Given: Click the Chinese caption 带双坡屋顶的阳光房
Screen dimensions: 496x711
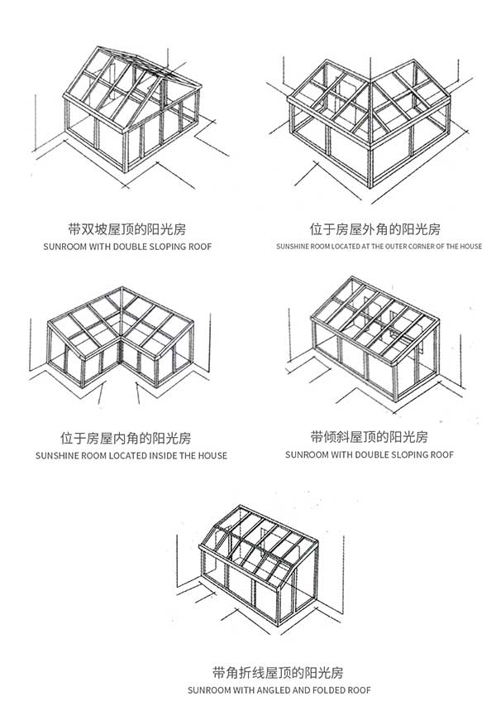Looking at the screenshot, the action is tap(126, 229).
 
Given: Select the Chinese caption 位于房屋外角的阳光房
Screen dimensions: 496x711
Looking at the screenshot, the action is tap(374, 229).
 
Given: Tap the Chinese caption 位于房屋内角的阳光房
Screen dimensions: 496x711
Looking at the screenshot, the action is tap(126, 438).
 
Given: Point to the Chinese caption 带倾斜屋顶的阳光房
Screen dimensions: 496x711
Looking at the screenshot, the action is tap(370, 437).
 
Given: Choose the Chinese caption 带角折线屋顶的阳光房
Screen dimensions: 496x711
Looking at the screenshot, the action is tap(278, 672).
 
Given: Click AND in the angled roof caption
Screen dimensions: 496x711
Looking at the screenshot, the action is tap(302, 690).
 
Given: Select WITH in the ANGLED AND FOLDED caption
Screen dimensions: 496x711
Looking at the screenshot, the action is tap(244, 690).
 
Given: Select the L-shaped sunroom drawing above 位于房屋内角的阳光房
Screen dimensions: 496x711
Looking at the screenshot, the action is tap(120, 344).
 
